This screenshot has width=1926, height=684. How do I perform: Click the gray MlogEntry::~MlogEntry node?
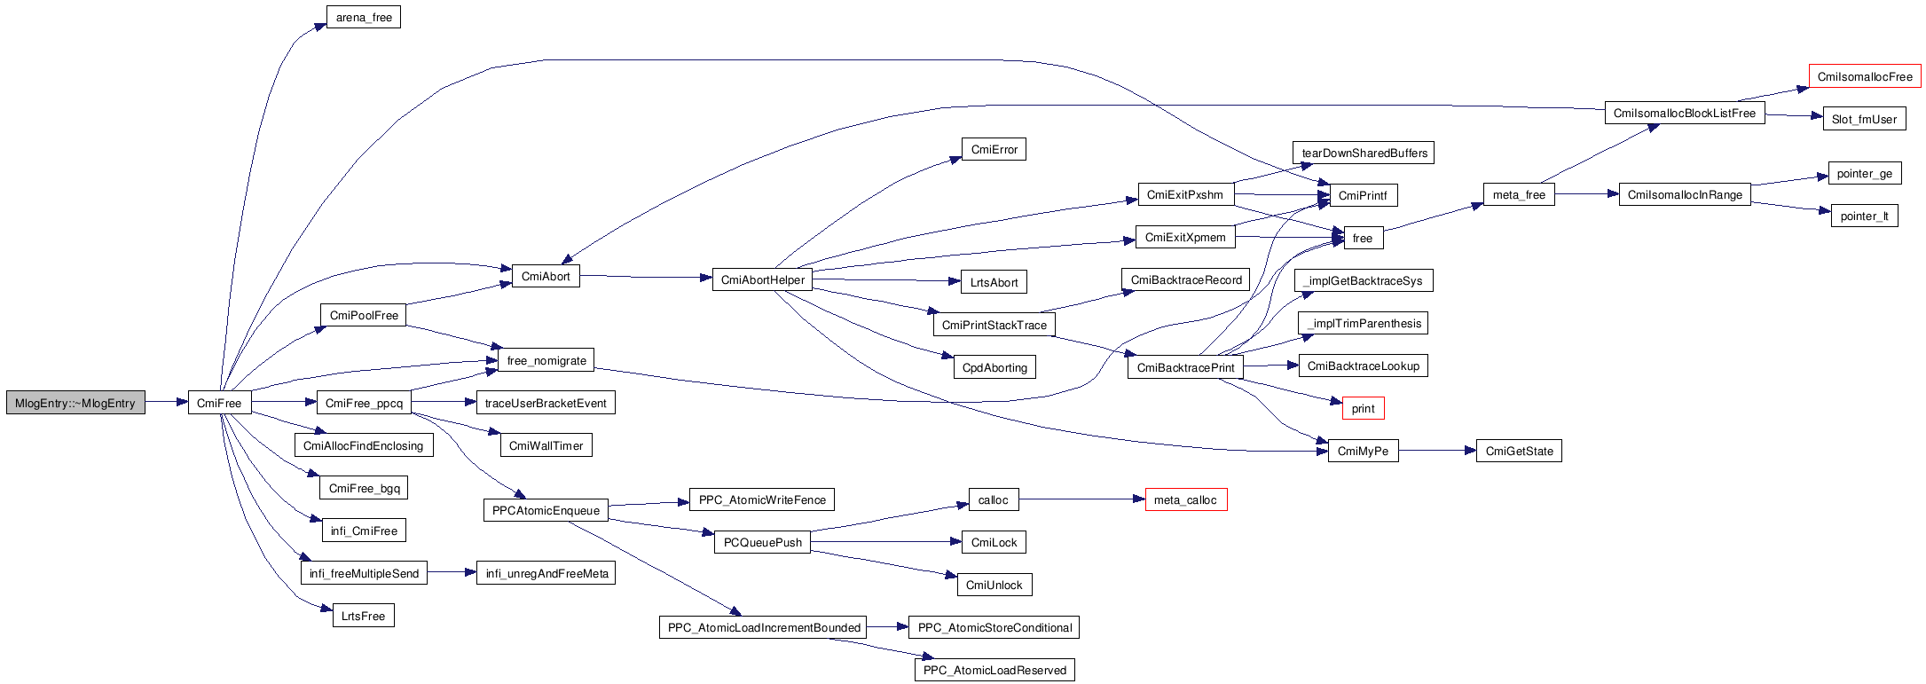click(x=75, y=404)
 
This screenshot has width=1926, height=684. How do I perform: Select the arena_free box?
click(x=364, y=18)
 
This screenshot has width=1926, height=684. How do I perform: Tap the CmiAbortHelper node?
click(x=763, y=280)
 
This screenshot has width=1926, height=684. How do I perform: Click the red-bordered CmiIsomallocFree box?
click(x=1864, y=77)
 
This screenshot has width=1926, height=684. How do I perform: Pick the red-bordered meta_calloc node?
click(x=1185, y=500)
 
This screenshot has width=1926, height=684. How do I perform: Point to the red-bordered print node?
click(x=1363, y=409)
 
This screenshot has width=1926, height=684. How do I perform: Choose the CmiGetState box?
click(x=1519, y=452)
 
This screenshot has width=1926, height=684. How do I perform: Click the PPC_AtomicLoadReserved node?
click(x=994, y=671)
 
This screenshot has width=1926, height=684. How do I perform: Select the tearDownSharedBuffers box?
click(x=1364, y=153)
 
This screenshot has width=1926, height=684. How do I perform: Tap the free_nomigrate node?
click(x=546, y=361)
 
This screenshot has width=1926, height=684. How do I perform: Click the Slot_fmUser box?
click(x=1864, y=120)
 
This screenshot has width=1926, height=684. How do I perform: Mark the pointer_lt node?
click(x=1864, y=216)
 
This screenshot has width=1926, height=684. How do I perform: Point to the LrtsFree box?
click(x=363, y=617)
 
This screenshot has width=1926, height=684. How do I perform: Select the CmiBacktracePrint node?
click(x=1185, y=368)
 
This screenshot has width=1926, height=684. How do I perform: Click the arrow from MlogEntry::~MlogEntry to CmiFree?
click(x=167, y=403)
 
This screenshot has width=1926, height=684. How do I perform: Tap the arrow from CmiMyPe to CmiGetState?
click(x=1437, y=451)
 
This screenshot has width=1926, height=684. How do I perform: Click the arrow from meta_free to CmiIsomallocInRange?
click(x=1587, y=194)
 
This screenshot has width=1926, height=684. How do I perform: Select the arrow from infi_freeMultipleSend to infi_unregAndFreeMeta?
click(x=452, y=573)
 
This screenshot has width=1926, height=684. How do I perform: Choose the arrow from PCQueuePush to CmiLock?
click(x=887, y=542)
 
